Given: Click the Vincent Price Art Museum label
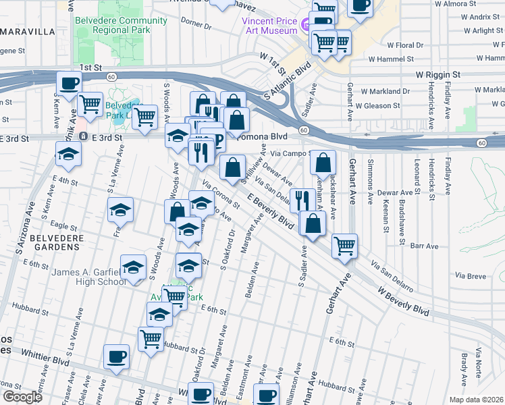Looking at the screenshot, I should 270,26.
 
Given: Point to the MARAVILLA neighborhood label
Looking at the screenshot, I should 27,32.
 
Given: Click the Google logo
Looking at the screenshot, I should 22,397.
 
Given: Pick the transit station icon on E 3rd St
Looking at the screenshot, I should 82,136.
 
